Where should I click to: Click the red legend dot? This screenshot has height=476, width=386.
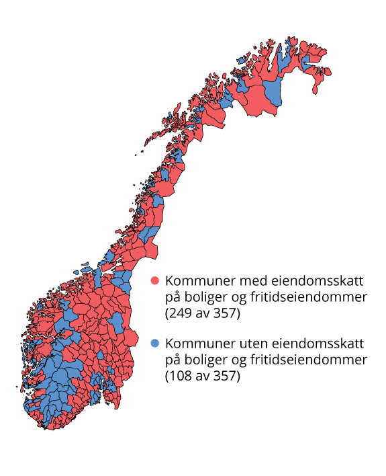click(x=154, y=280)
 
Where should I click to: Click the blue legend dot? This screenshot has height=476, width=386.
click(x=154, y=344)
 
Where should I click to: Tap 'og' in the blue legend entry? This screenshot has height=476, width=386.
click(x=240, y=360)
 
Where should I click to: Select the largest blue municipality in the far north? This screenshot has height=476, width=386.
click(x=273, y=93)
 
